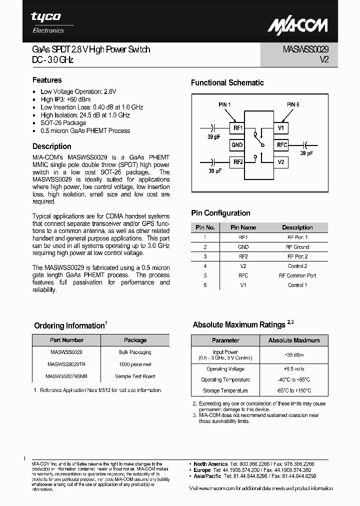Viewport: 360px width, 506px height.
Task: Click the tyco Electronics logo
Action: point(48,22)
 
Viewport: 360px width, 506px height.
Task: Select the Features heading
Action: point(47,80)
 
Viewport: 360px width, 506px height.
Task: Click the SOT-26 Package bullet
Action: point(63,123)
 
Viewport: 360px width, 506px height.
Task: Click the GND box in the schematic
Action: point(237,145)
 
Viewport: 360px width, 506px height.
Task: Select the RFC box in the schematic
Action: point(281,145)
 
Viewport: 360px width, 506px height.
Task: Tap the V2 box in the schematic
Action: point(281,162)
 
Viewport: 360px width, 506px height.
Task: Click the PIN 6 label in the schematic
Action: point(293,104)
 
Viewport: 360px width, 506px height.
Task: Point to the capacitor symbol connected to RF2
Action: point(213,161)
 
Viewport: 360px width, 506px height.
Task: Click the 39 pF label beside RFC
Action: point(306,153)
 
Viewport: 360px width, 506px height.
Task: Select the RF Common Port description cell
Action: point(297,275)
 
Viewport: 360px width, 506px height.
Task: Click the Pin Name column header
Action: point(243,227)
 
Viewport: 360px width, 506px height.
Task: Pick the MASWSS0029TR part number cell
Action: point(66,364)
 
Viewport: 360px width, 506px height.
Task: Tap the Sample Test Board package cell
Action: point(135,376)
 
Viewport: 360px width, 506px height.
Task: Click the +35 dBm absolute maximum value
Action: point(293,355)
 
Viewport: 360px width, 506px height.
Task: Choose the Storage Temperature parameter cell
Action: point(225,391)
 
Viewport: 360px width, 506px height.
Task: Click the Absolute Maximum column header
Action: point(293,340)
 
